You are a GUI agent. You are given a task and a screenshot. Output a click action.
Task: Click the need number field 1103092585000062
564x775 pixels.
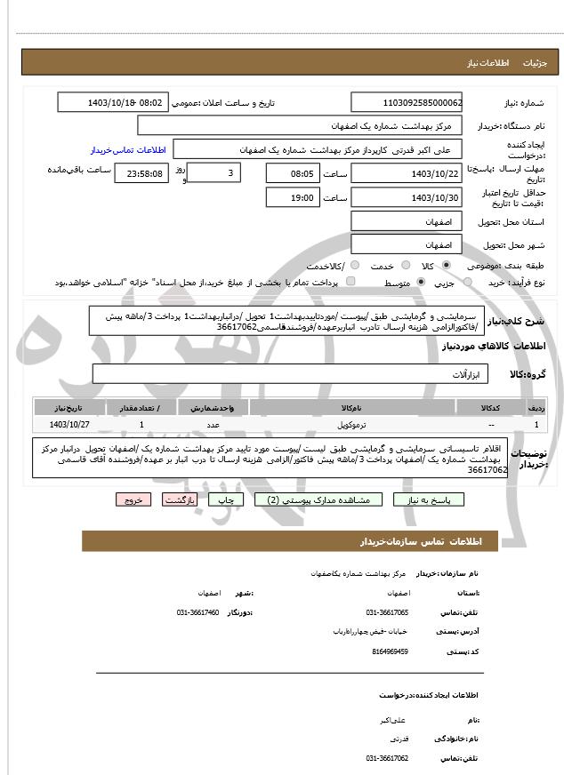coord(407,102)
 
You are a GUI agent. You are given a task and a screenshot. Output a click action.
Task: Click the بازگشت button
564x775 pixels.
coord(181,499)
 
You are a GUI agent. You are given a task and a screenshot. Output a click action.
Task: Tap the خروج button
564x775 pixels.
coord(133,499)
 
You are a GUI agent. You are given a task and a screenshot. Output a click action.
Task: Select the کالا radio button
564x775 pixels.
coord(447,266)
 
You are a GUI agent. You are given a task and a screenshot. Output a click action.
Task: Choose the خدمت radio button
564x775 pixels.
coord(406,266)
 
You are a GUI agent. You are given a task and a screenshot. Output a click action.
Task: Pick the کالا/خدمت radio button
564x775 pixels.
coord(354,266)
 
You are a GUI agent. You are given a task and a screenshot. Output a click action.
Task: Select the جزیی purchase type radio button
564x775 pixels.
coord(447,283)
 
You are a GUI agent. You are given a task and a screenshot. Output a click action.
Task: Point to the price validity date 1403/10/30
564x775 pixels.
coord(407,197)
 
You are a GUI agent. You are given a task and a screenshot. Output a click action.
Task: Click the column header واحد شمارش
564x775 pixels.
coord(214,407)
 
